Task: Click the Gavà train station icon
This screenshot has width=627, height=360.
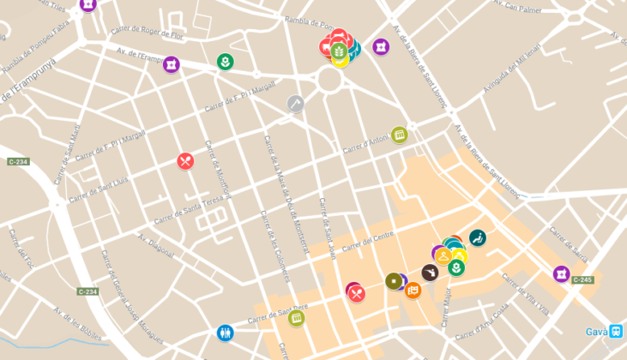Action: [x=616, y=332]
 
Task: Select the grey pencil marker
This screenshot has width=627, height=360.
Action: [x=295, y=104]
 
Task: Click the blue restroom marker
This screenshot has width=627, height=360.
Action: [x=226, y=332]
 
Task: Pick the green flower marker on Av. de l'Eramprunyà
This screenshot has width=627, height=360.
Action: [x=225, y=62]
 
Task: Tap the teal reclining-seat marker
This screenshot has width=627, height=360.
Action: [x=478, y=237]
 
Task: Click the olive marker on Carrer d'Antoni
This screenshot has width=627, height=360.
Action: [x=399, y=135]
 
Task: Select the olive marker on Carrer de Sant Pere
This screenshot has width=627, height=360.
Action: [x=297, y=318]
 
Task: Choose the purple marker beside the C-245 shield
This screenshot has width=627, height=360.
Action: [x=562, y=274]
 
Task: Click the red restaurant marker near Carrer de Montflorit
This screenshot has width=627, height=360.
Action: [x=185, y=161]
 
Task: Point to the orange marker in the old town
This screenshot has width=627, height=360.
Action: [x=413, y=291]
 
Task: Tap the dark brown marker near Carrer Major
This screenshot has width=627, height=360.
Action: [x=431, y=272]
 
